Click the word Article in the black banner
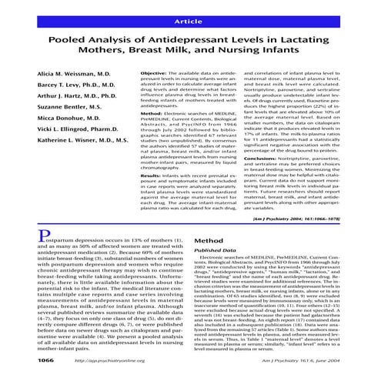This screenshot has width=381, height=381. tap(190, 15)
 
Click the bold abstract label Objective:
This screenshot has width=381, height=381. tap(154, 72)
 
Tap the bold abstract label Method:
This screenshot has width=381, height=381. tap(151, 113)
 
